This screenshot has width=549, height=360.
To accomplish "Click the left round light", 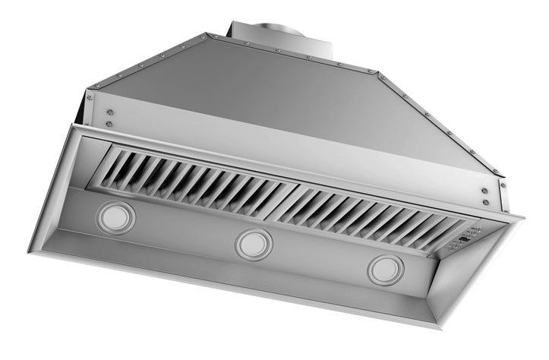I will point(115,217).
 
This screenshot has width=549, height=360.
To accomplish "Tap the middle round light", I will point(253,245).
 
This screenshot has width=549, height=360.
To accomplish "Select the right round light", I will point(386,270).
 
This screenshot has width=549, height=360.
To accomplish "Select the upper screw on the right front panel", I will point(484,191).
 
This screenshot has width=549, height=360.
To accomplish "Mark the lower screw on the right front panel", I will point(484,201).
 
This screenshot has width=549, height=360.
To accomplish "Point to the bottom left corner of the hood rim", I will point(30,251).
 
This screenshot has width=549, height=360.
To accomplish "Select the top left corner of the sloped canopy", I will point(206,35).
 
